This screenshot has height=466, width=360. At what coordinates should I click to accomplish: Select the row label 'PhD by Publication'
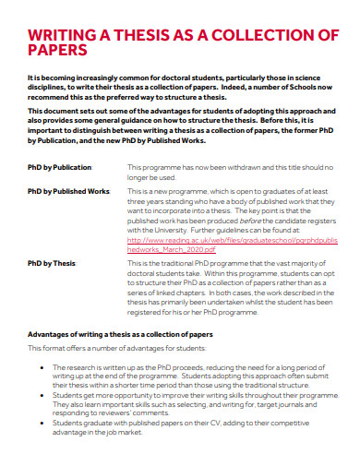tap(60, 167)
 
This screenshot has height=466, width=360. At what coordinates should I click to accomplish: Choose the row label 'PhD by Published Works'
tap(69, 189)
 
